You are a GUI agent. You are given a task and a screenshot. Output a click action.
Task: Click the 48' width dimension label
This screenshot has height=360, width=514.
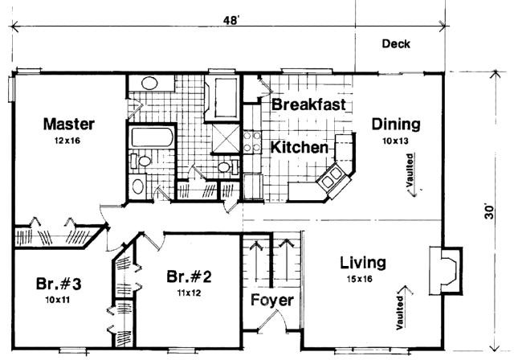(x=230, y=20)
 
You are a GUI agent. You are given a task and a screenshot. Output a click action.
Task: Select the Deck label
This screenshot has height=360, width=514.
(x=396, y=43)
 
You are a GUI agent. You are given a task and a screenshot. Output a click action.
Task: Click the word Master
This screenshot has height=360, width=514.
(x=69, y=124)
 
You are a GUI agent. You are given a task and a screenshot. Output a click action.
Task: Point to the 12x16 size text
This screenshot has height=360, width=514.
(x=67, y=141)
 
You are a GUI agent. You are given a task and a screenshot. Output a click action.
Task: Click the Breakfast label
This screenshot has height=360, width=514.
(x=308, y=104)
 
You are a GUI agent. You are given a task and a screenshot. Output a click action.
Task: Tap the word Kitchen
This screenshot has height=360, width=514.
(x=300, y=147)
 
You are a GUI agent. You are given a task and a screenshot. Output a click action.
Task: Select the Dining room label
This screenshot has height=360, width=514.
(x=396, y=125)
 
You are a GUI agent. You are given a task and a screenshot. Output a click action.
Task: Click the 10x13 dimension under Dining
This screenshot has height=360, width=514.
(x=395, y=141)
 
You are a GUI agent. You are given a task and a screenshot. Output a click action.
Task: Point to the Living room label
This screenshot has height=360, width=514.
(x=362, y=263)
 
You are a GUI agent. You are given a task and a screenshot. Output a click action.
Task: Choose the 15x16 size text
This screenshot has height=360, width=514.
(x=360, y=279)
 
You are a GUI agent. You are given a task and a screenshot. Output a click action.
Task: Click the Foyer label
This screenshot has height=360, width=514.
(x=272, y=300)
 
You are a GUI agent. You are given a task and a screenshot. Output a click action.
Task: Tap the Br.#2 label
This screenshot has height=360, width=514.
(x=189, y=276)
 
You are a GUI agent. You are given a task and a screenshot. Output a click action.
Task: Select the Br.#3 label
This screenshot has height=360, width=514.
(x=59, y=284)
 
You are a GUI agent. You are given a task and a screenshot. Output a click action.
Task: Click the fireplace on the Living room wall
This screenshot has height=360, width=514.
(x=446, y=271)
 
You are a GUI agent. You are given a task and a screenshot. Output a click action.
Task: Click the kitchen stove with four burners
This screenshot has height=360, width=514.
(x=252, y=141)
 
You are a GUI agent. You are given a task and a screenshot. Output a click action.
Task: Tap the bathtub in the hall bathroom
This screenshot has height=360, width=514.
(x=152, y=137)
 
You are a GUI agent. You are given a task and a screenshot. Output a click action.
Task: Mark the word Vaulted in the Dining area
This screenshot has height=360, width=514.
(x=410, y=170)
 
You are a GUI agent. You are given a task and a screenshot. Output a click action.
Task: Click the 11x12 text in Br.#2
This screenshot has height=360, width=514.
(x=190, y=292)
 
